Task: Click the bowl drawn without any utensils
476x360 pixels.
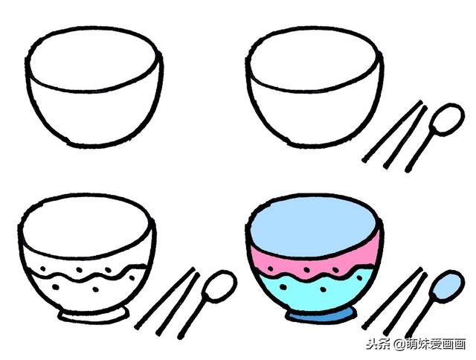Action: (x=95, y=89)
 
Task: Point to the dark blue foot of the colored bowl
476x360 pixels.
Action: (x=318, y=317)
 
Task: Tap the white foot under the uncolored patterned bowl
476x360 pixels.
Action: (x=89, y=316)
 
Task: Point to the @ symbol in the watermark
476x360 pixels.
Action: (x=399, y=345)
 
